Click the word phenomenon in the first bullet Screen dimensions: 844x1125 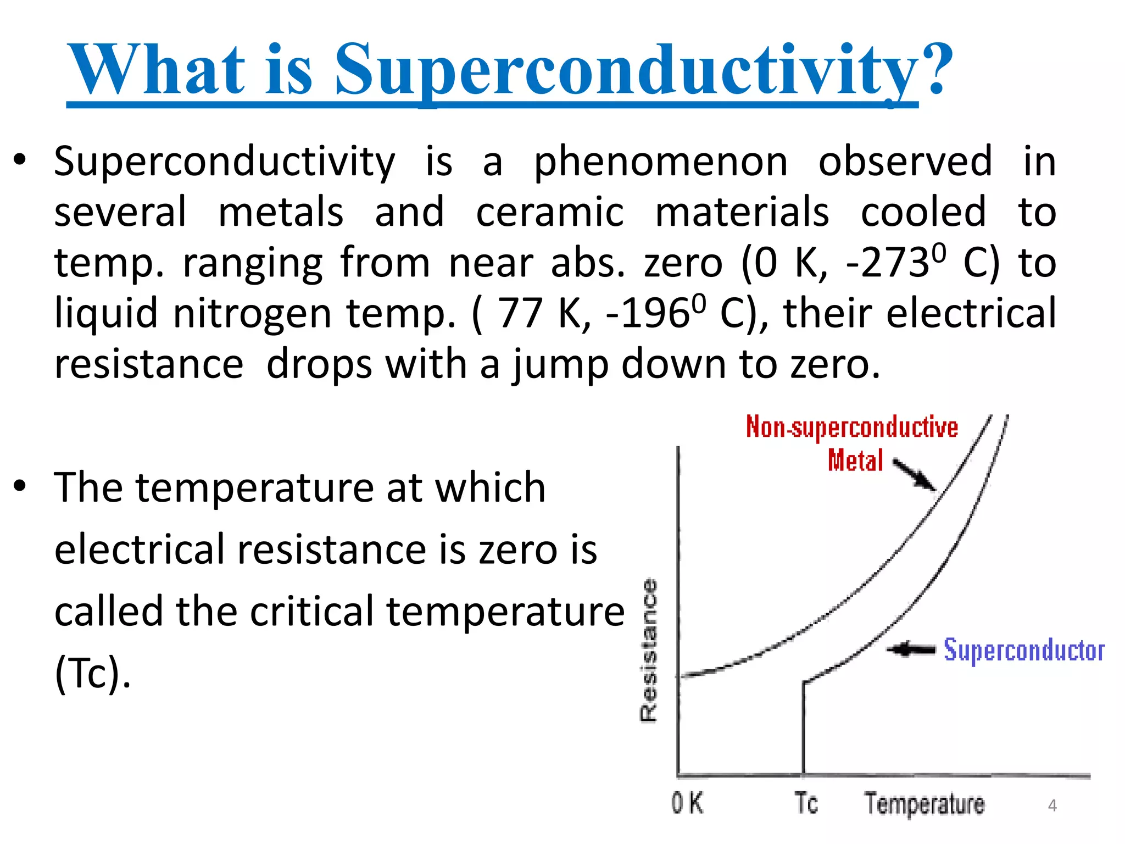pyautogui.click(x=661, y=163)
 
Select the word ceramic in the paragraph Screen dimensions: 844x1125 pyautogui.click(x=549, y=213)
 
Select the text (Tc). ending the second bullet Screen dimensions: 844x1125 pyautogui.click(x=92, y=674)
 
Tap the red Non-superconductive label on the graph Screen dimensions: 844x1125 pyautogui.click(x=851, y=427)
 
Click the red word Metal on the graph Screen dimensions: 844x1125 pyautogui.click(x=855, y=460)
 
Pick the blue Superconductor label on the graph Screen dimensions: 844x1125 pyautogui.click(x=1024, y=651)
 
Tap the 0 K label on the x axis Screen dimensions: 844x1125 pyautogui.click(x=687, y=803)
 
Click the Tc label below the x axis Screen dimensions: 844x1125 pyautogui.click(x=806, y=803)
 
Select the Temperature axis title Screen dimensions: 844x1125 pyautogui.click(x=924, y=804)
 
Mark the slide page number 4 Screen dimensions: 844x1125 pyautogui.click(x=1052, y=806)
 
